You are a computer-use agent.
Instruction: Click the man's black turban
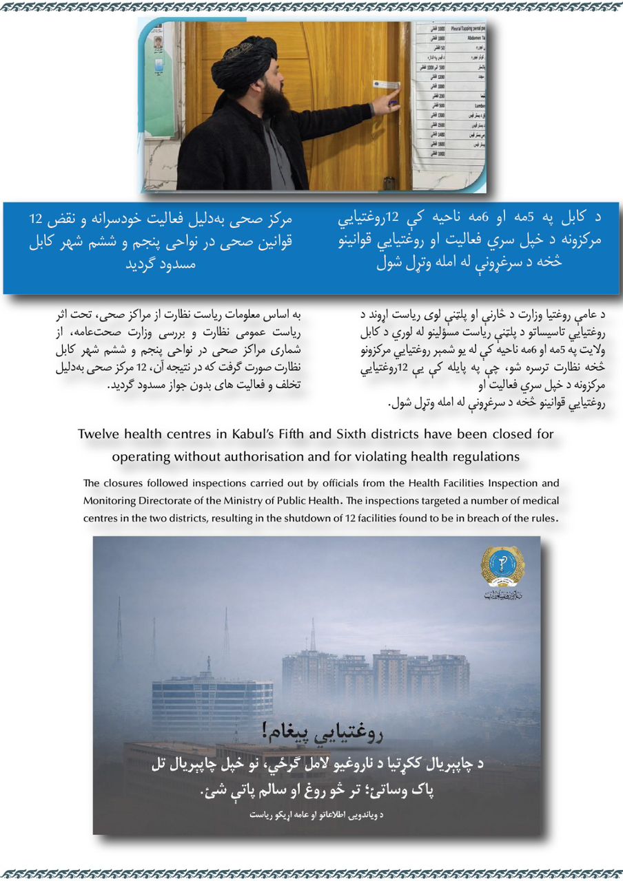(243, 63)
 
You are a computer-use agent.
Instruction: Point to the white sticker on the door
(387, 84)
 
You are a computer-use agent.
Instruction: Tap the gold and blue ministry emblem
(502, 566)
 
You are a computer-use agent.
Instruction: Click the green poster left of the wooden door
(159, 79)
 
